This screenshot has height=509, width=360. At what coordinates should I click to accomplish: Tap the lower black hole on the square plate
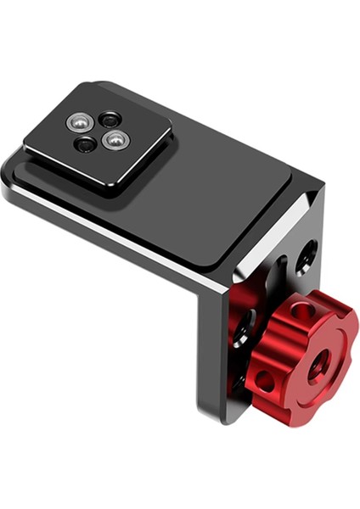[x=85, y=145]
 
